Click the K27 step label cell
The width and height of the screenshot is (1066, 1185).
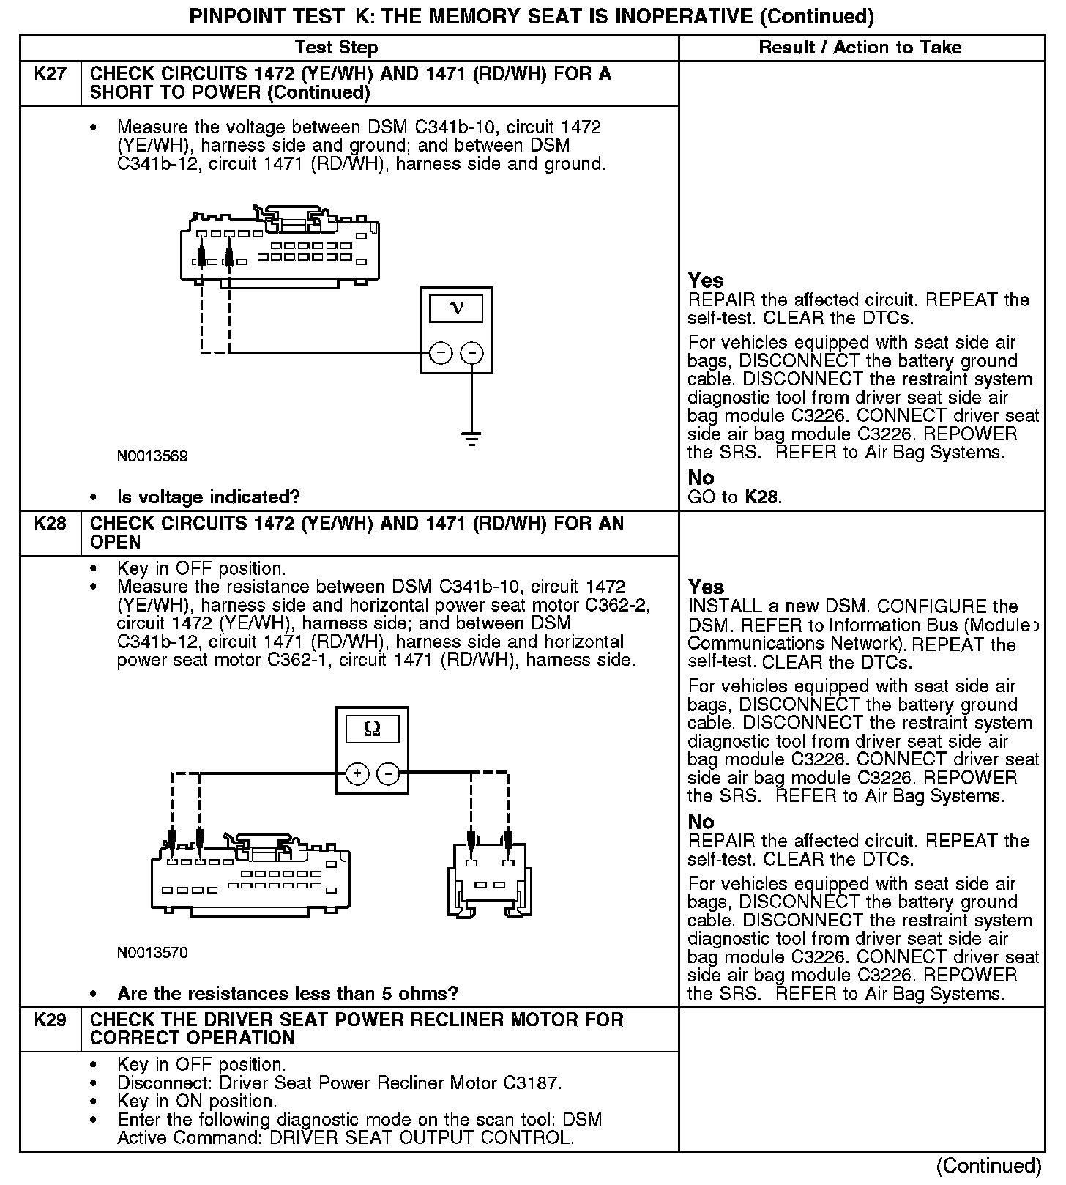50,75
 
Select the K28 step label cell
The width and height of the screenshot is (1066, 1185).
50,524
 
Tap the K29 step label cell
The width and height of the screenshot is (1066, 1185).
50,1020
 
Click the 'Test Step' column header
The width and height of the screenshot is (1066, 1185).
336,48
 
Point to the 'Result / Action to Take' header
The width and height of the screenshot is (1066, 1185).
860,48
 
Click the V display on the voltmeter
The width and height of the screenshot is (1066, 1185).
456,308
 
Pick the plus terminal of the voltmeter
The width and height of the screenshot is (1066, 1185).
441,353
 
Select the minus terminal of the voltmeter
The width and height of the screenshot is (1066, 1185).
471,353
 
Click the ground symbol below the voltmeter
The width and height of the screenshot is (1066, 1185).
471,439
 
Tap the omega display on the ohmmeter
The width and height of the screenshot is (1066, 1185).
372,729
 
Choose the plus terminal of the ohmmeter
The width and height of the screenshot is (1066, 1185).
357,773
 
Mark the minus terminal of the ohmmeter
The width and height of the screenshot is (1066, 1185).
388,773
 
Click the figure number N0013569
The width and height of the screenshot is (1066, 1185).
152,456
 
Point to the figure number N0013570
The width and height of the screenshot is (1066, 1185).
152,953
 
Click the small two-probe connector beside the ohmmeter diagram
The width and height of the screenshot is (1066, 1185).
490,879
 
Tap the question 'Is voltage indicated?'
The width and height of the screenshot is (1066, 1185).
209,497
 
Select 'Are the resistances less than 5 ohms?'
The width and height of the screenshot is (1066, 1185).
287,994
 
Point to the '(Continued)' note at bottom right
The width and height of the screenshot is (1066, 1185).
988,1165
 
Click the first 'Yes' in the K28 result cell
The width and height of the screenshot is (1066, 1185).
707,587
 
